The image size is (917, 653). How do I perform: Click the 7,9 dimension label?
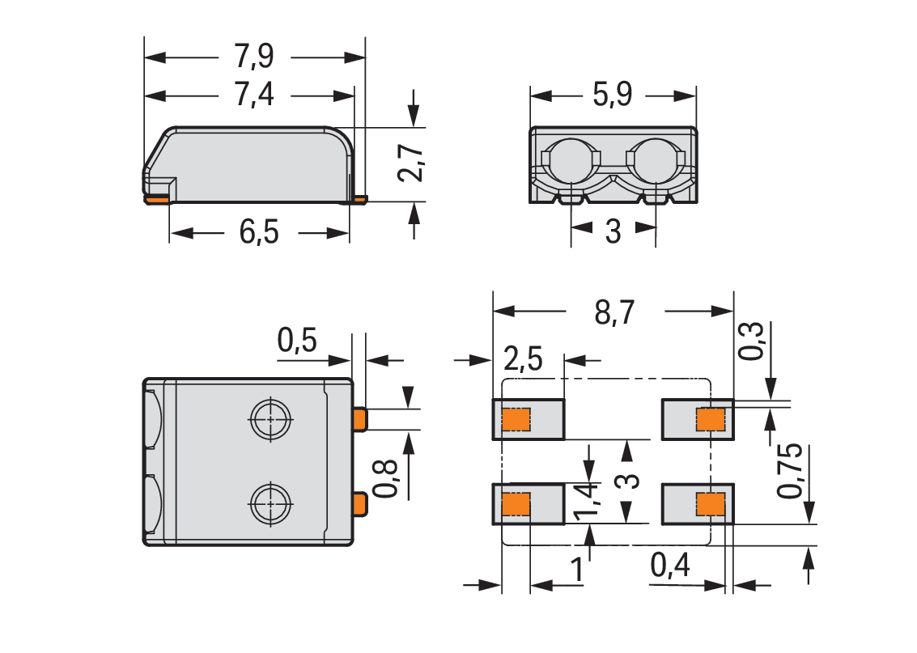click(254, 57)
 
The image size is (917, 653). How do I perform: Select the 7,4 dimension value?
click(254, 95)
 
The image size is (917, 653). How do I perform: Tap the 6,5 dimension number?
click(259, 231)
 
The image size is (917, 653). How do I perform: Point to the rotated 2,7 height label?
click(411, 163)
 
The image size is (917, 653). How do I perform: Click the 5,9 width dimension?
click(613, 95)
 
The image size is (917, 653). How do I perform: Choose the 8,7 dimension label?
click(614, 312)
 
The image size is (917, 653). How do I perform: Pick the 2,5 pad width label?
click(523, 358)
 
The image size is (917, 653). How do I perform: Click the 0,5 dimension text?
click(297, 340)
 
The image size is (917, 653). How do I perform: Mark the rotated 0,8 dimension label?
click(386, 478)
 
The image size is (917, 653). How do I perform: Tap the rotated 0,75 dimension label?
click(790, 471)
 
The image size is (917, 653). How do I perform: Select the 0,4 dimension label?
click(670, 566)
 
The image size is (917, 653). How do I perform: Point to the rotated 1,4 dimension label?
click(587, 501)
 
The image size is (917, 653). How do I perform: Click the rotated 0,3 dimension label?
click(752, 340)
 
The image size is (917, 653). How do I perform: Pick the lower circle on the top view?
click(271, 504)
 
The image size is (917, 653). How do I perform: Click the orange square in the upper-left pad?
click(516, 419)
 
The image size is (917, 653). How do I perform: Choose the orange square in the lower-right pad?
click(711, 504)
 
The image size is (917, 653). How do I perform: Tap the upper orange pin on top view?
click(359, 419)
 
